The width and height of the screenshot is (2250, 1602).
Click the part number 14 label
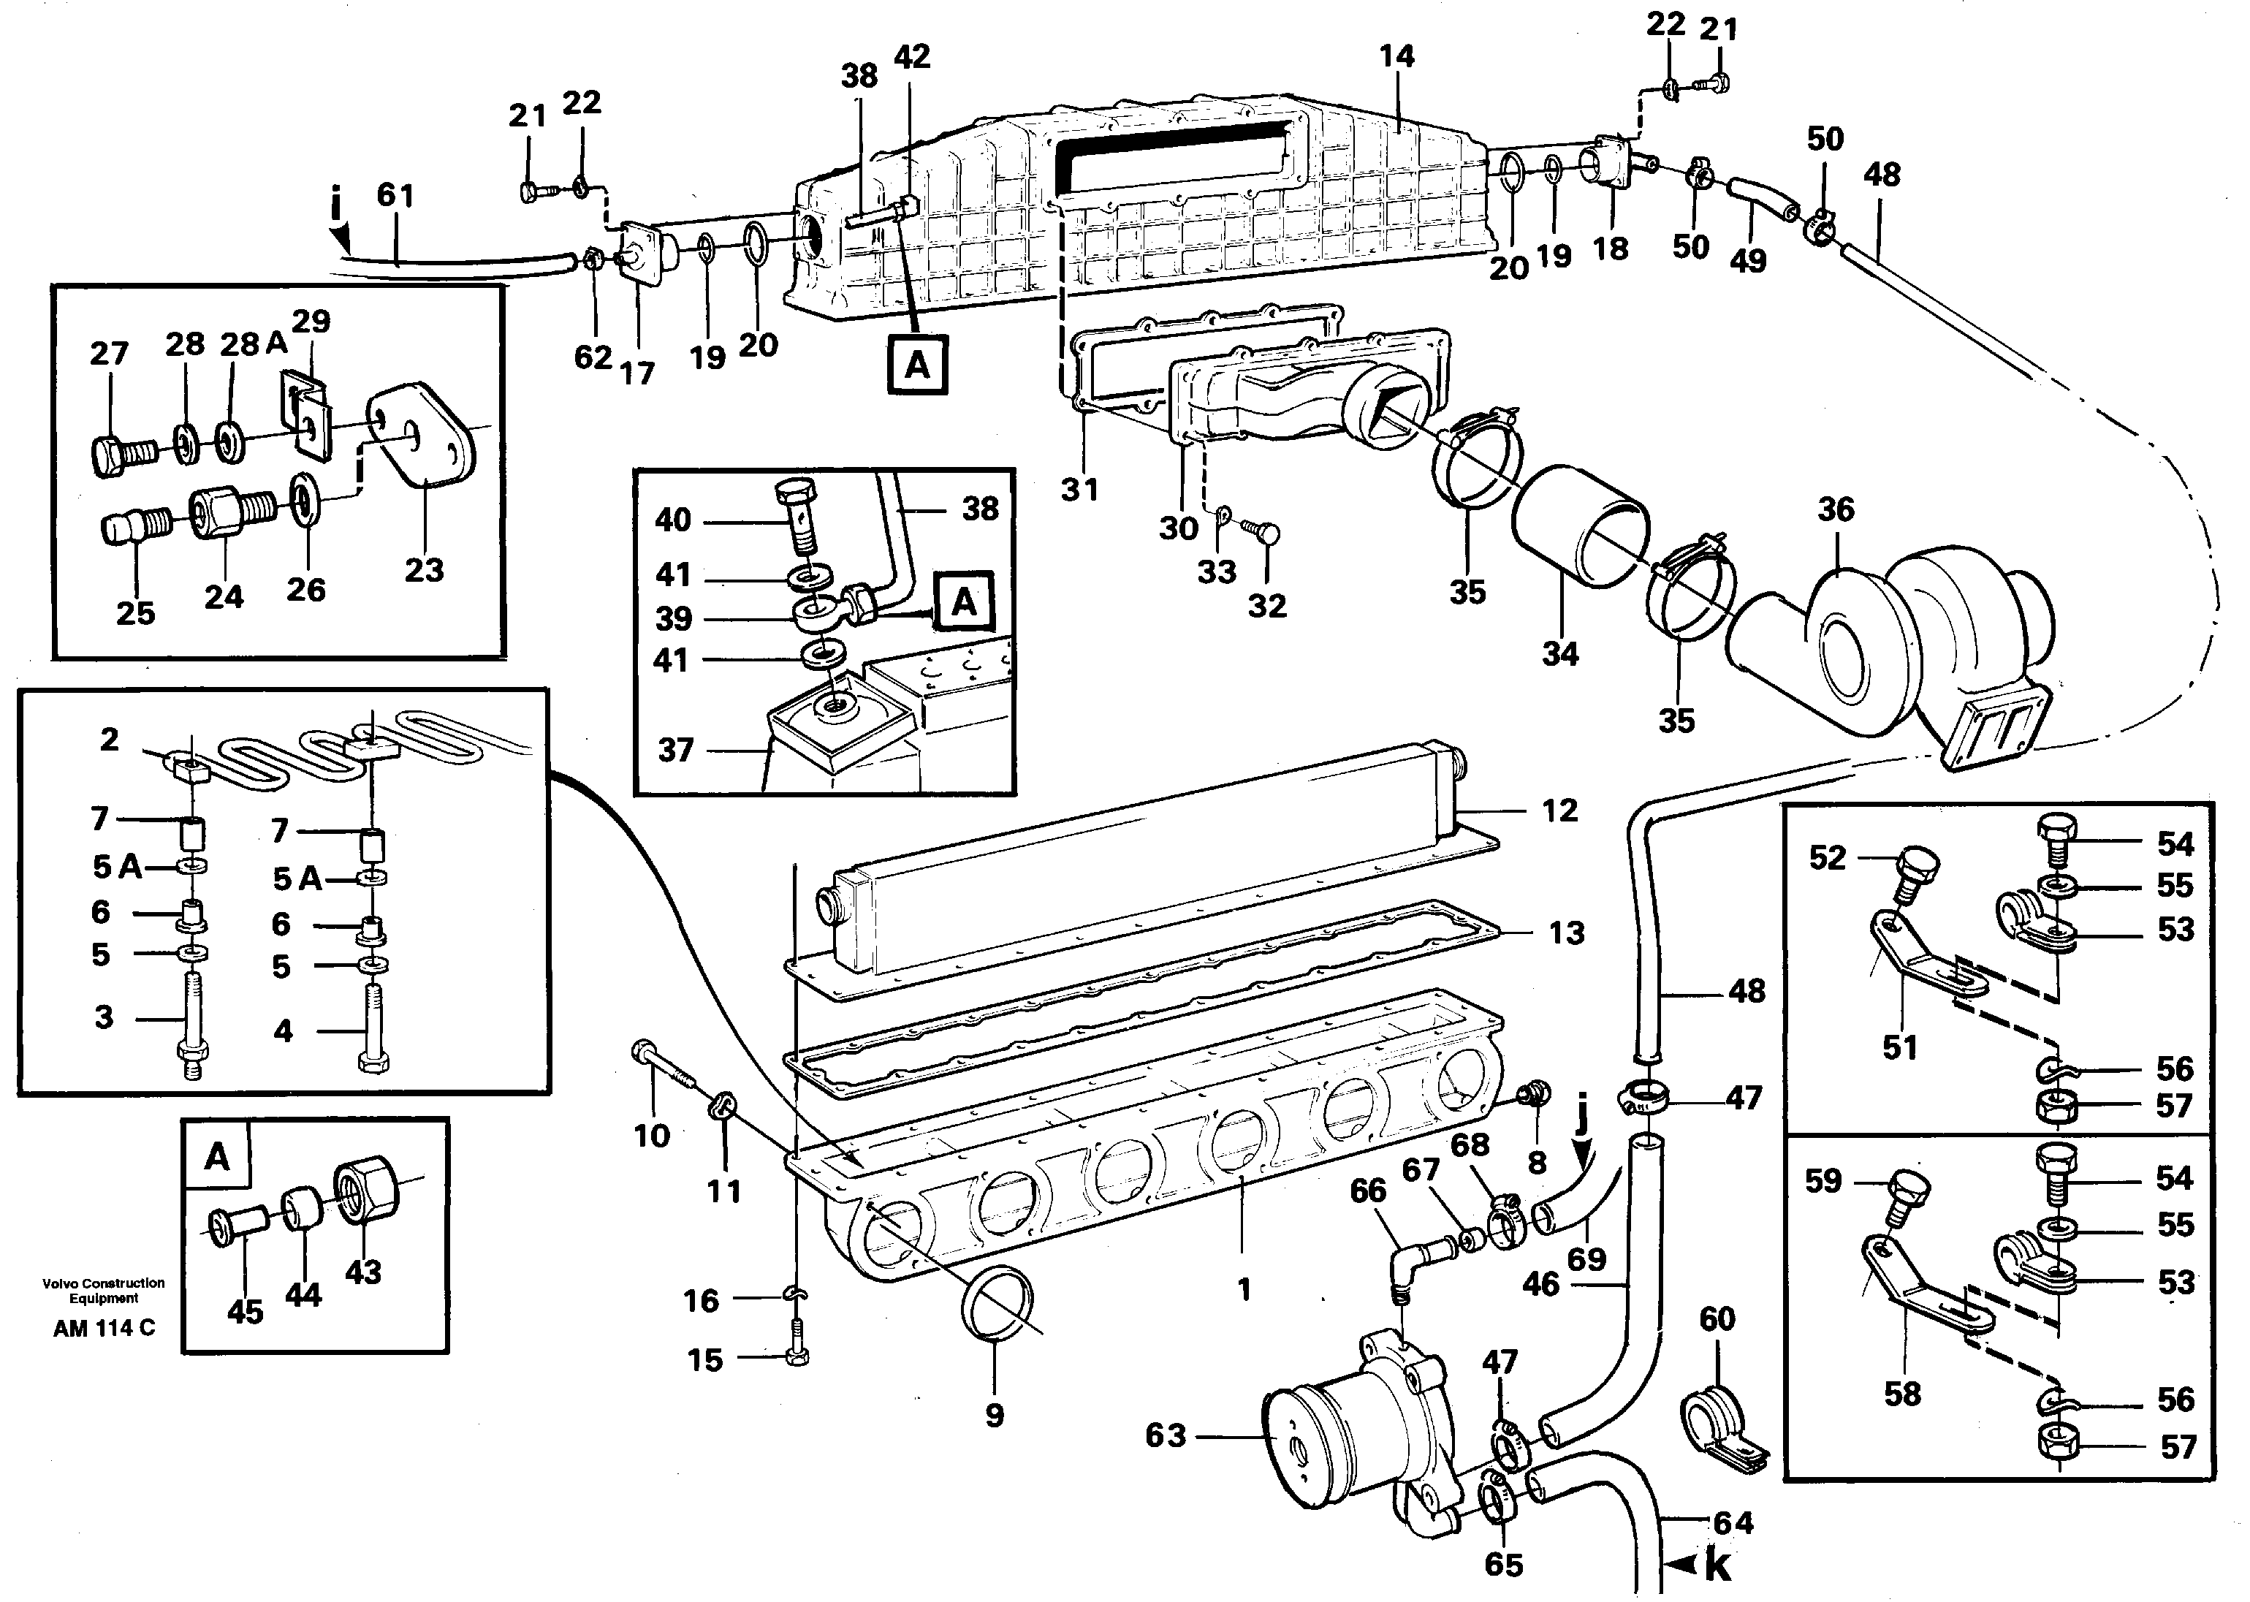tap(1396, 56)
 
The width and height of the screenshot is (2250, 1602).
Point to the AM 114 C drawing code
tap(104, 1329)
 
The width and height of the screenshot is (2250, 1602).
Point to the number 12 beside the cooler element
tap(1559, 811)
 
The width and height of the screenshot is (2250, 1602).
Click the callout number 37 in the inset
tap(676, 751)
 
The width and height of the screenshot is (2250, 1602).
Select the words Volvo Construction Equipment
tap(104, 1290)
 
